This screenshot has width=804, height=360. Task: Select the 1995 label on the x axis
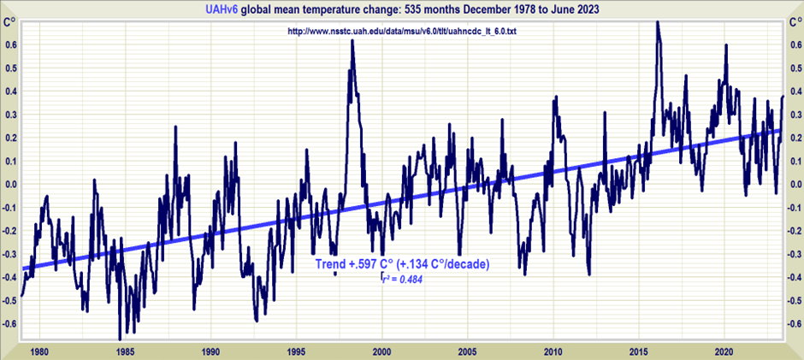[296, 351]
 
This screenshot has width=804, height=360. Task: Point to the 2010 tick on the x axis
[554, 351]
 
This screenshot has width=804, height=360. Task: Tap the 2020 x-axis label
[725, 351]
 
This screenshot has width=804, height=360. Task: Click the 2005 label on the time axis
[468, 351]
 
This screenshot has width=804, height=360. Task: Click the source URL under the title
[401, 32]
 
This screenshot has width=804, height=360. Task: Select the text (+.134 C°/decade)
[443, 264]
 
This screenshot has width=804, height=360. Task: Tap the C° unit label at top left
[10, 21]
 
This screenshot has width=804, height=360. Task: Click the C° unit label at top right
[794, 21]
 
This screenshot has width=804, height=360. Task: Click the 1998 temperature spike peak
[352, 41]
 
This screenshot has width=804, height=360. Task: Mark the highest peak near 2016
[657, 22]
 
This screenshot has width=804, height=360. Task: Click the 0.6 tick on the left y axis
[9, 45]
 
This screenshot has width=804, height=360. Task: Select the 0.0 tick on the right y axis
[795, 184]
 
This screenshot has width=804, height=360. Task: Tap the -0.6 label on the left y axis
[9, 323]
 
